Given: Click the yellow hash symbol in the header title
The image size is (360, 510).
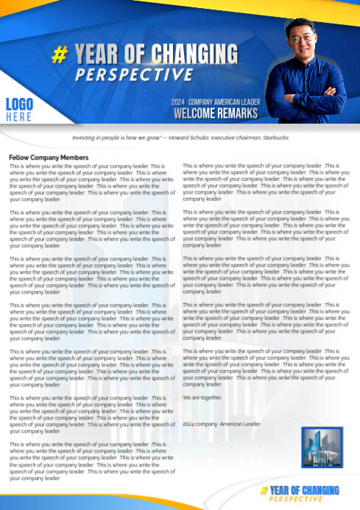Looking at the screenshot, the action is click(61, 54).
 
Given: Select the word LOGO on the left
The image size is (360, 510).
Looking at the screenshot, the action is click(19, 104).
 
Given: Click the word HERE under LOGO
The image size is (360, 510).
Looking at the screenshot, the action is click(19, 117).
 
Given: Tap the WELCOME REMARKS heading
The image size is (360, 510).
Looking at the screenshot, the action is click(216, 113).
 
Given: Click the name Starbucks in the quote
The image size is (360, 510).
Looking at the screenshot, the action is click(275, 138).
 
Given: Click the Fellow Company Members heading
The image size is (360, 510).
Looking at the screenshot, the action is click(49, 157).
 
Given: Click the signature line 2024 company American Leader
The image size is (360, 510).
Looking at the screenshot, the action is click(222, 424).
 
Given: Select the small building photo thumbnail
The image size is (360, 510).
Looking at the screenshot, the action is click(322, 447).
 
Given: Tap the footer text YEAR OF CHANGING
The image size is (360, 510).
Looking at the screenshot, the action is click(304, 490).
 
